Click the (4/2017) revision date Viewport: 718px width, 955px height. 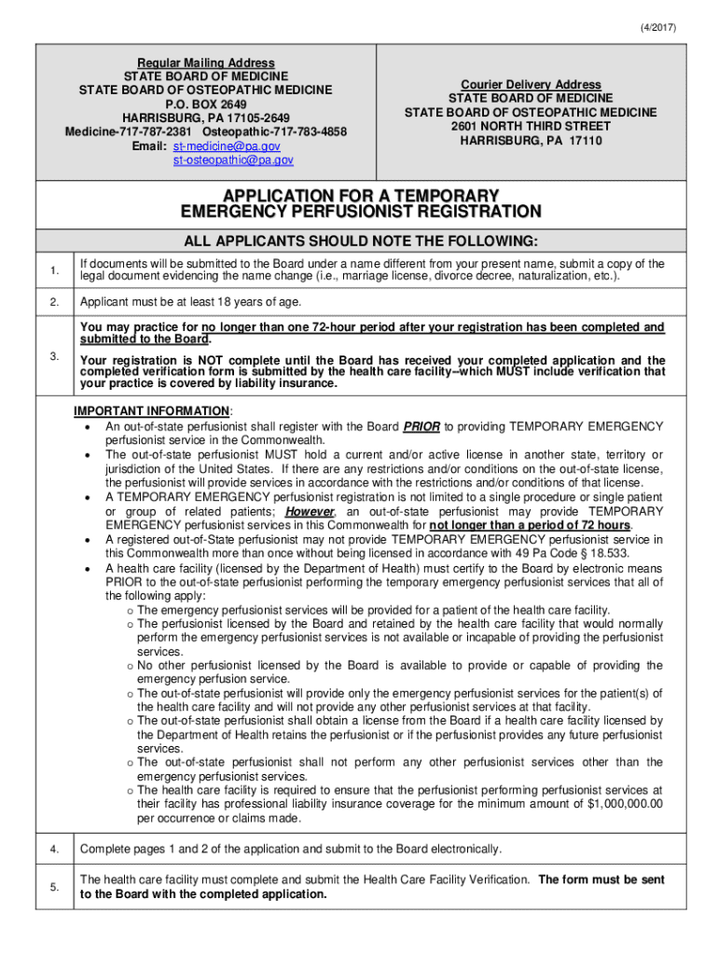pos(657,27)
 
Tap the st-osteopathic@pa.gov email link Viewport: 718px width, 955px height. pos(233,160)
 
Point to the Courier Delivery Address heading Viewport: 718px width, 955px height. pos(531,84)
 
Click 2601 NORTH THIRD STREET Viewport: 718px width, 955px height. pos(531,126)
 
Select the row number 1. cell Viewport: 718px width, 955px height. pos(55,270)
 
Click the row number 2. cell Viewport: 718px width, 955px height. pos(55,302)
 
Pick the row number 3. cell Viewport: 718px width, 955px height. pos(55,356)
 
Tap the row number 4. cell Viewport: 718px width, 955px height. pos(55,849)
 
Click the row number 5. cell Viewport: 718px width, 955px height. pos(55,887)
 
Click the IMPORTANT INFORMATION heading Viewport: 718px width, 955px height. pos(153,411)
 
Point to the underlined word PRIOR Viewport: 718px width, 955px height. pos(421,426)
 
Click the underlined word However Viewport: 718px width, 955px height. pos(311,512)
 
